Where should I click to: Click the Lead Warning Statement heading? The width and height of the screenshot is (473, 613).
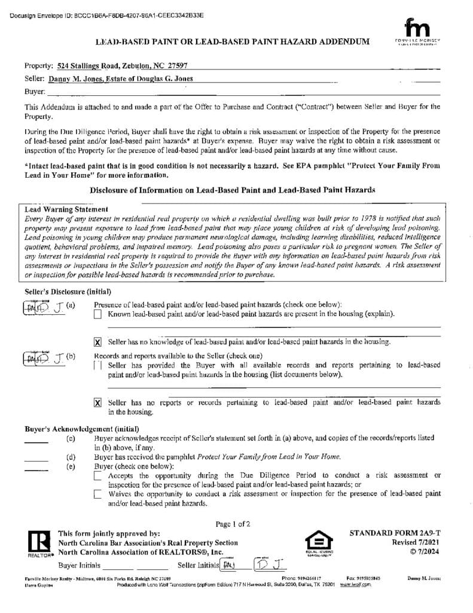[66, 210]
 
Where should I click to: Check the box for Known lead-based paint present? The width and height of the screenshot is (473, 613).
[98, 314]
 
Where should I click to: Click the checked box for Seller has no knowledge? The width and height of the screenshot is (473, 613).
[98, 342]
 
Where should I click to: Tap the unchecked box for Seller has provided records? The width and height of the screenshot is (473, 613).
[98, 366]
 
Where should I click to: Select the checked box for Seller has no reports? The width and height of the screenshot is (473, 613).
[98, 403]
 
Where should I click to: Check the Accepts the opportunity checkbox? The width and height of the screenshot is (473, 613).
[98, 476]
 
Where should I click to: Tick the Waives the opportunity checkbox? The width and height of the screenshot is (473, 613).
[98, 494]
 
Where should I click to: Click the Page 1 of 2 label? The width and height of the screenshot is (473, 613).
[233, 524]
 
